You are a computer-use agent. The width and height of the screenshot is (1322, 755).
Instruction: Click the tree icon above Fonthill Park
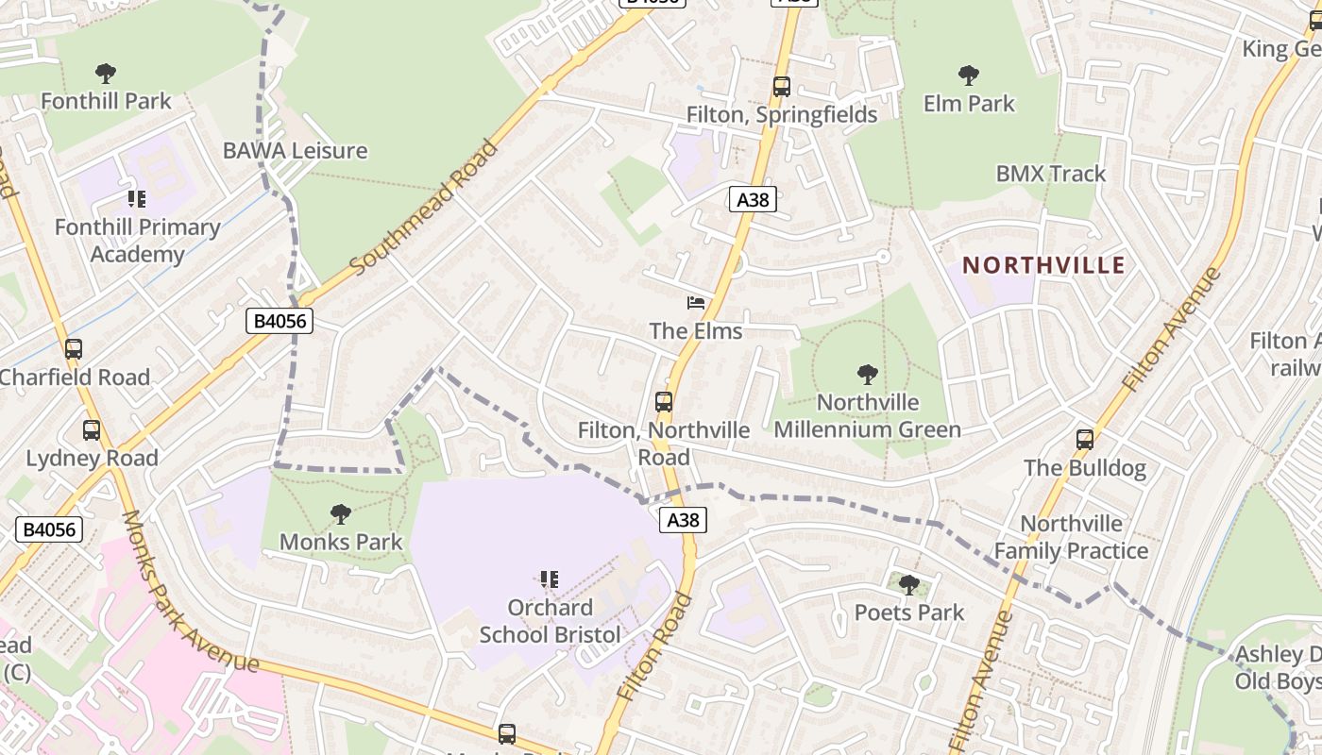(x=106, y=73)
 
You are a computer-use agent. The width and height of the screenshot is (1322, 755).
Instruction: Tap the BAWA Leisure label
(x=295, y=150)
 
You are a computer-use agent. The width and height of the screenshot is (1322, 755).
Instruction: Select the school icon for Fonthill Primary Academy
(x=137, y=199)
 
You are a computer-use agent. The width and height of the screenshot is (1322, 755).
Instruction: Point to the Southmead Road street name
(x=424, y=209)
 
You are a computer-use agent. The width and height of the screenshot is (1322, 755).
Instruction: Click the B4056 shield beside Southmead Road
(x=280, y=321)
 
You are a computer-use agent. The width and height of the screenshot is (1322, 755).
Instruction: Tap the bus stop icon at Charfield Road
(x=74, y=349)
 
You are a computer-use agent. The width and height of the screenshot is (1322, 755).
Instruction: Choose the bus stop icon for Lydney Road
(x=92, y=430)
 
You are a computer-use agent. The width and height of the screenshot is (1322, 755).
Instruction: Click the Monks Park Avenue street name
(x=189, y=592)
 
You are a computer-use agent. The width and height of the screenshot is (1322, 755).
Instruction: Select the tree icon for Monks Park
(x=341, y=514)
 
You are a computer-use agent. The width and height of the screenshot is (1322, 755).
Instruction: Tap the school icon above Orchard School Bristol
(x=550, y=579)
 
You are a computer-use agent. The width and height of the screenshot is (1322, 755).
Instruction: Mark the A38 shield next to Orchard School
(x=683, y=520)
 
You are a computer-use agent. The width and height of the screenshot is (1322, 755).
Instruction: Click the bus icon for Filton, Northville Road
(x=664, y=402)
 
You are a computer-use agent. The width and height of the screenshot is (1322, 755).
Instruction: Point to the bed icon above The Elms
(x=696, y=303)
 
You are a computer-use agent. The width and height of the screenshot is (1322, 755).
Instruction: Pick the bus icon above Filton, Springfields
(x=782, y=87)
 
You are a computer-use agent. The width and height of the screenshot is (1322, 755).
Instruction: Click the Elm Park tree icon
(x=969, y=75)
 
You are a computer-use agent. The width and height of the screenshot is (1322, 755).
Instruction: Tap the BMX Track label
(x=1051, y=174)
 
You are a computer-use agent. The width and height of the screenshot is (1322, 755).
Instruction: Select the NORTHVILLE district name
(x=1043, y=265)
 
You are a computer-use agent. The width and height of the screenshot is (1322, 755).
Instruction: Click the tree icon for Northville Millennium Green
(x=867, y=375)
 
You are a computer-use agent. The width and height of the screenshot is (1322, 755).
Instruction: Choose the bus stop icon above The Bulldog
(x=1085, y=440)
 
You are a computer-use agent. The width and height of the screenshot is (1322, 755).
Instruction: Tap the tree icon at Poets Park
(x=908, y=585)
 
